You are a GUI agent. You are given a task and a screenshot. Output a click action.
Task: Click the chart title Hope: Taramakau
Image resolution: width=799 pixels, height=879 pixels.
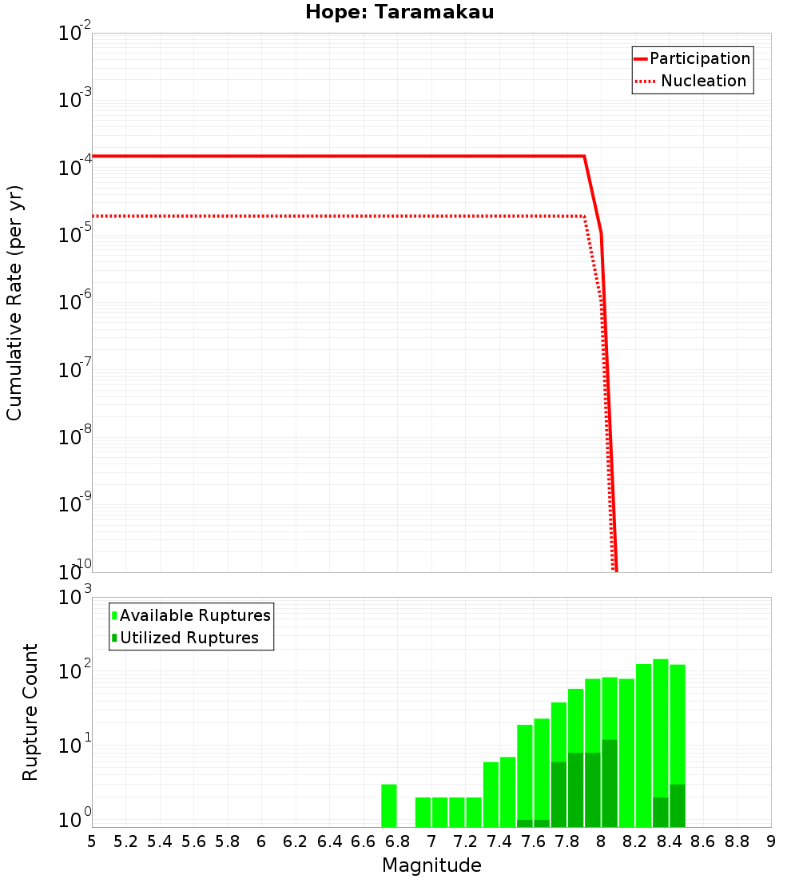tap(404, 13)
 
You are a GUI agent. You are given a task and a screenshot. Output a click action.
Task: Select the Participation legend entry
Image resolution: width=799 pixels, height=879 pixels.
tap(699, 58)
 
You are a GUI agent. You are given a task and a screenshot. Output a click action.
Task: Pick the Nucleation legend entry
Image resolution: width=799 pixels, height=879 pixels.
tap(703, 81)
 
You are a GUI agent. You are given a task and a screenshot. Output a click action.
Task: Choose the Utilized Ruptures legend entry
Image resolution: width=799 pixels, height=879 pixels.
tap(189, 638)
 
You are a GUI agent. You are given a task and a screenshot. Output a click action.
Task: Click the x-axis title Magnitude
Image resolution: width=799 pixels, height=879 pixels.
tap(431, 865)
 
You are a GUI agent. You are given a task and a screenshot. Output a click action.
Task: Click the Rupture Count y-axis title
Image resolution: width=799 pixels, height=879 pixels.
tap(30, 712)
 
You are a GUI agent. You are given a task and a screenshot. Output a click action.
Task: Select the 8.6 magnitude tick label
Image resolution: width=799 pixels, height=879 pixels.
tap(703, 841)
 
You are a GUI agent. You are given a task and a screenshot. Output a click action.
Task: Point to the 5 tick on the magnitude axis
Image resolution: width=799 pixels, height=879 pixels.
tap(92, 841)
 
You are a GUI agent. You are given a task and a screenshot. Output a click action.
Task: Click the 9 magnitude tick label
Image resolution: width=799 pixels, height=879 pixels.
tap(771, 841)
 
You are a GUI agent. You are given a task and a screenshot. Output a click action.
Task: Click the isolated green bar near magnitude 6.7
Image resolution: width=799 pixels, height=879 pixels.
tap(389, 805)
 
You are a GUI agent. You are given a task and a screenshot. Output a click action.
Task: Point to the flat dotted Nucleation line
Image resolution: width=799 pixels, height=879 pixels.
tap(320, 216)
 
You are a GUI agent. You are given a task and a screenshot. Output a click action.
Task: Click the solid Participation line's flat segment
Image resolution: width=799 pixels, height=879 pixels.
tap(320, 156)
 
